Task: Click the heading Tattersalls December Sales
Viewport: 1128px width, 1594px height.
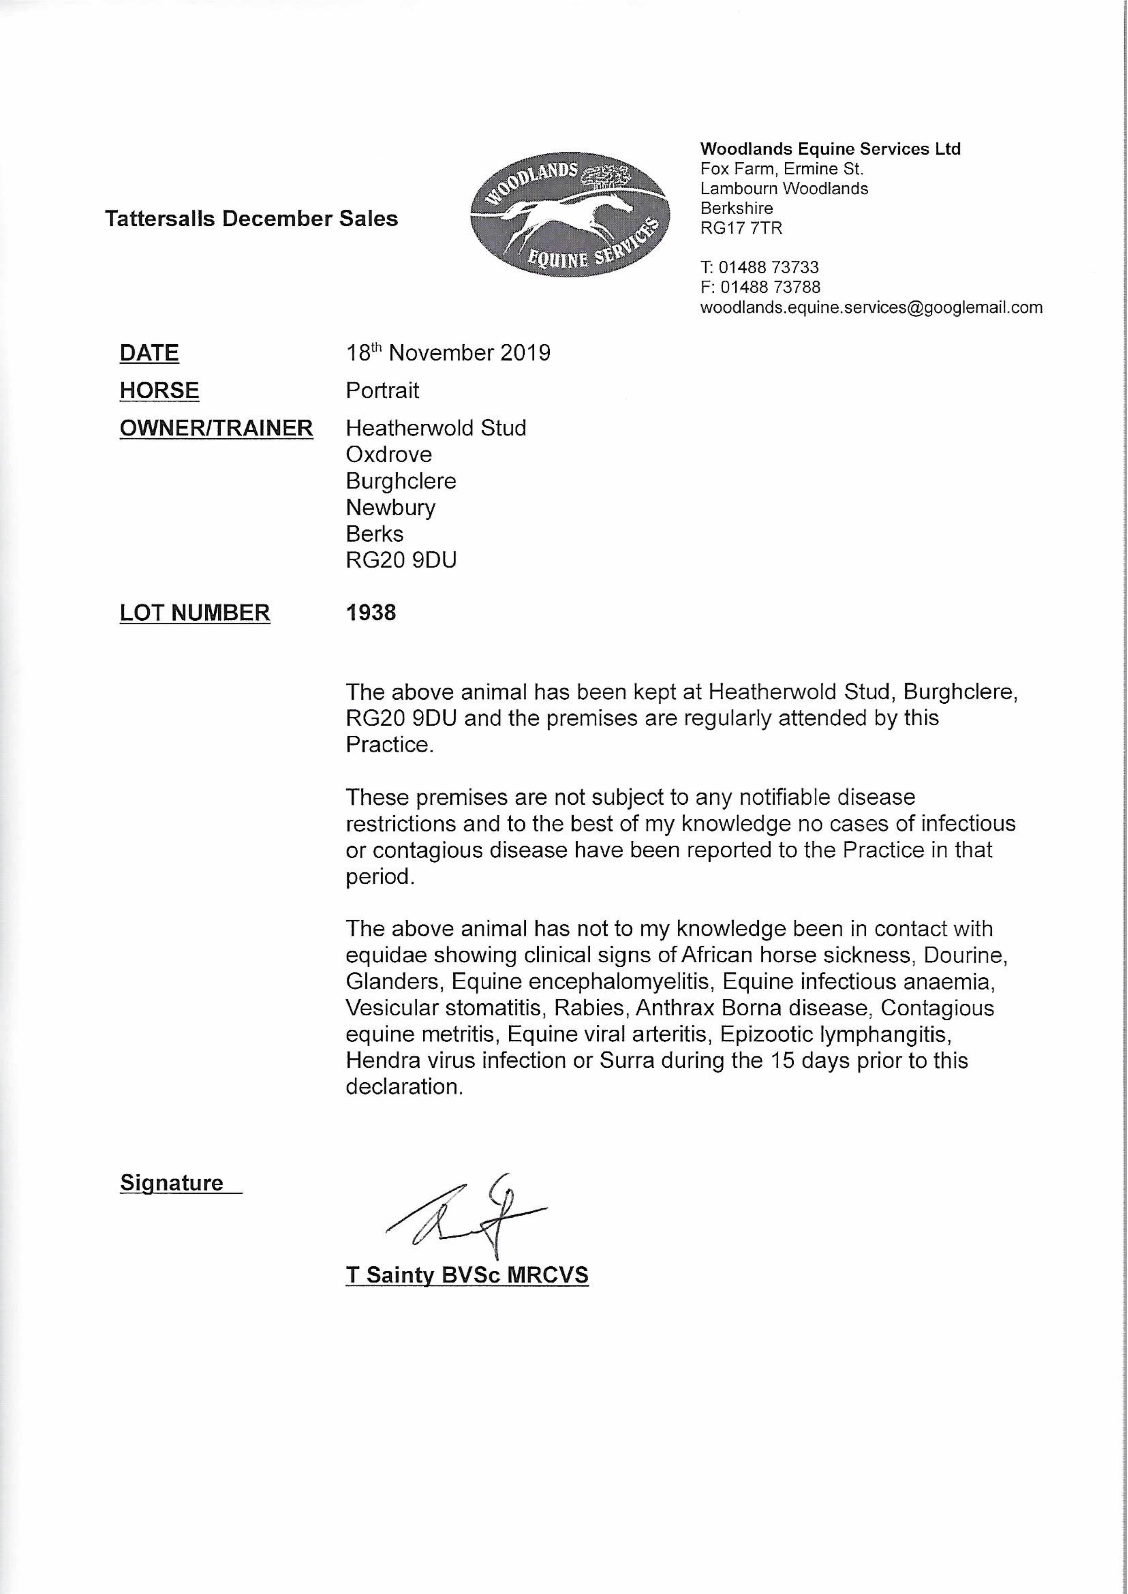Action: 251,219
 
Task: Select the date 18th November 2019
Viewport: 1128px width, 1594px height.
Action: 448,353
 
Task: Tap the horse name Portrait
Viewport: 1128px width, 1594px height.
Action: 382,390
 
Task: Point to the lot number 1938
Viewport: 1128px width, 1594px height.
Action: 371,613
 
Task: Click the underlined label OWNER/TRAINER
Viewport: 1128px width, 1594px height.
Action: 216,428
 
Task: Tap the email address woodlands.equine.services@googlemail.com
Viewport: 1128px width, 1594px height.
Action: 871,307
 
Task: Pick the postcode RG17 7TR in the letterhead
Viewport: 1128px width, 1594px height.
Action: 741,227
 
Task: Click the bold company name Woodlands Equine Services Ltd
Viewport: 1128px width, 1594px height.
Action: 830,149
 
